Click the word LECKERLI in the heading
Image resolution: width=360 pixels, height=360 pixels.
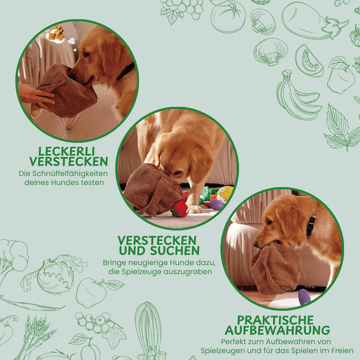pos(66,151)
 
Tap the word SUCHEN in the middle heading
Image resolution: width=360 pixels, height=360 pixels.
pos(174,250)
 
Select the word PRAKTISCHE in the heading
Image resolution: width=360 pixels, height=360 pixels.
pos(275,320)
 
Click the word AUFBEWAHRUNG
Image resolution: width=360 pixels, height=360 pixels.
pos(277,330)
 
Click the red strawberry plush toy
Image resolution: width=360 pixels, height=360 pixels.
pos(180,208)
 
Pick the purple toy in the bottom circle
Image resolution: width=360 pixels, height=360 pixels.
pos(304,297)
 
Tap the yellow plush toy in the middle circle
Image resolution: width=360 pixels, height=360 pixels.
pos(225,193)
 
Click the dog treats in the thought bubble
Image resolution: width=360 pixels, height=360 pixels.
pos(56,33)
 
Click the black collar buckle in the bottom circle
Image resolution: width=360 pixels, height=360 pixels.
pos(310,225)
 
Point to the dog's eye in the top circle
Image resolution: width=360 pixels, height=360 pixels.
pos(86,54)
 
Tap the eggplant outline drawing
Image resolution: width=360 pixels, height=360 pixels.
pos(314,22)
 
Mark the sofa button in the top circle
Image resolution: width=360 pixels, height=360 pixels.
pos(67,128)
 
